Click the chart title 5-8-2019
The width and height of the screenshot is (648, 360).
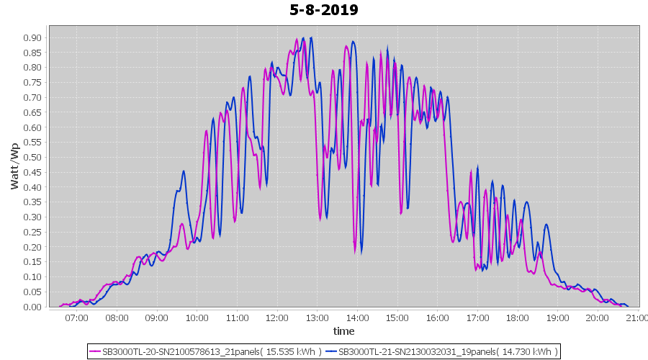point(324,10)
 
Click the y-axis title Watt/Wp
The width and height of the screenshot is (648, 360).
point(14,166)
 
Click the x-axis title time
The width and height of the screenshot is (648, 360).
point(343,331)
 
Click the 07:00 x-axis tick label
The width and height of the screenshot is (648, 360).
point(76,318)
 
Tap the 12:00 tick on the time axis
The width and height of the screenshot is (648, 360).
point(276,318)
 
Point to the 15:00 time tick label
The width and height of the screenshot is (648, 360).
point(397,318)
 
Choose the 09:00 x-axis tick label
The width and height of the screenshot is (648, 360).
point(156,318)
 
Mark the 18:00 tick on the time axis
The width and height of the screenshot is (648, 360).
point(517,318)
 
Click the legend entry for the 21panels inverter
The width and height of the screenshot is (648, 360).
point(205,351)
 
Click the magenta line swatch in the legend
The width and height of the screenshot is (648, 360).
point(95,351)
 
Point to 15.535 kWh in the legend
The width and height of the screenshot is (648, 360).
point(288,351)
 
